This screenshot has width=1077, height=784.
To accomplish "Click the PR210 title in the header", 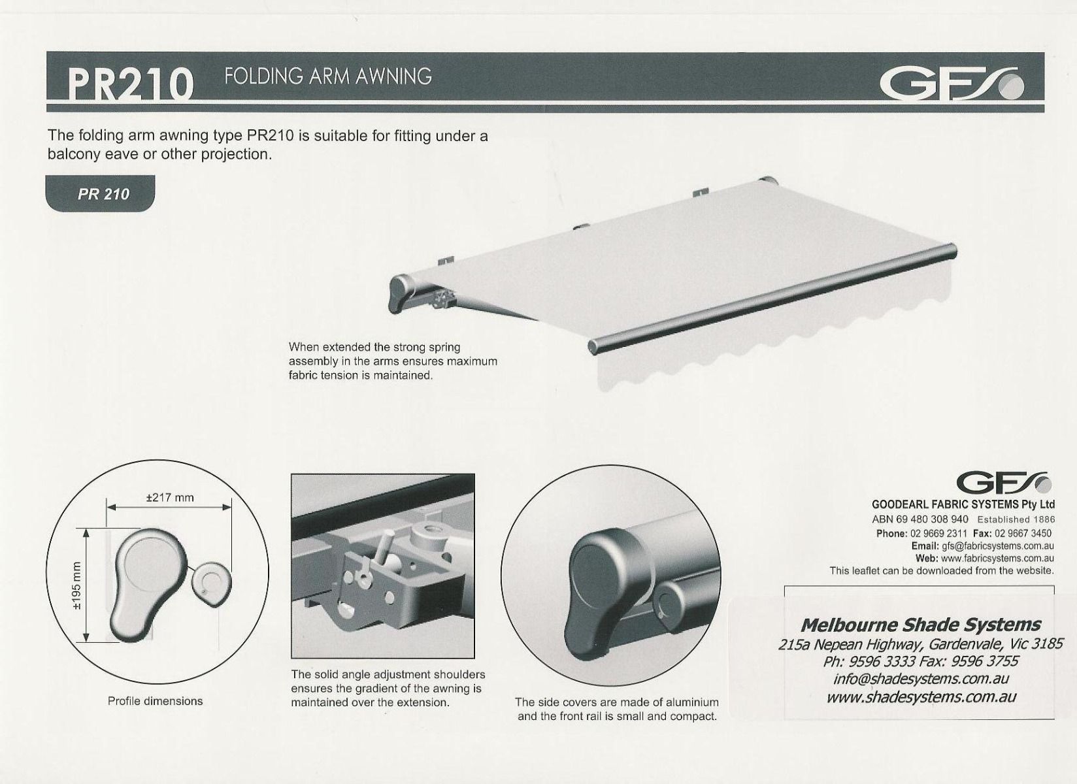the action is pos(130,84).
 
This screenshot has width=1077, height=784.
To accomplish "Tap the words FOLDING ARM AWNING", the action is pos(328,76).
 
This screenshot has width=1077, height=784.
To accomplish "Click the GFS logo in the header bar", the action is pos(952,84).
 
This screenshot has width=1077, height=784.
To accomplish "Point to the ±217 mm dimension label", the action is pos(170,497).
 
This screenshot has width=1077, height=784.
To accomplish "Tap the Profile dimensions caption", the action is pos(155,701).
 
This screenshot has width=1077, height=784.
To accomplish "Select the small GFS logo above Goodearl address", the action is pos(1003,483).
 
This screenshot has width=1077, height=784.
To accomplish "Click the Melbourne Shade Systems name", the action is pos(920,625).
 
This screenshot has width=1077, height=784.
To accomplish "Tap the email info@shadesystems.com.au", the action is pos(920,678).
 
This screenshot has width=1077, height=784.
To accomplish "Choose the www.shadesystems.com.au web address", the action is pos(921,697).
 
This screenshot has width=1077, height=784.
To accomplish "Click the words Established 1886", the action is pos(1016,519).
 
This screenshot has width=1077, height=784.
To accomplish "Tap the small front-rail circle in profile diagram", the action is pos(212,584).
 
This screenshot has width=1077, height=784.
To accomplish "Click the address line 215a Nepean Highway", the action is pos(920,644).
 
